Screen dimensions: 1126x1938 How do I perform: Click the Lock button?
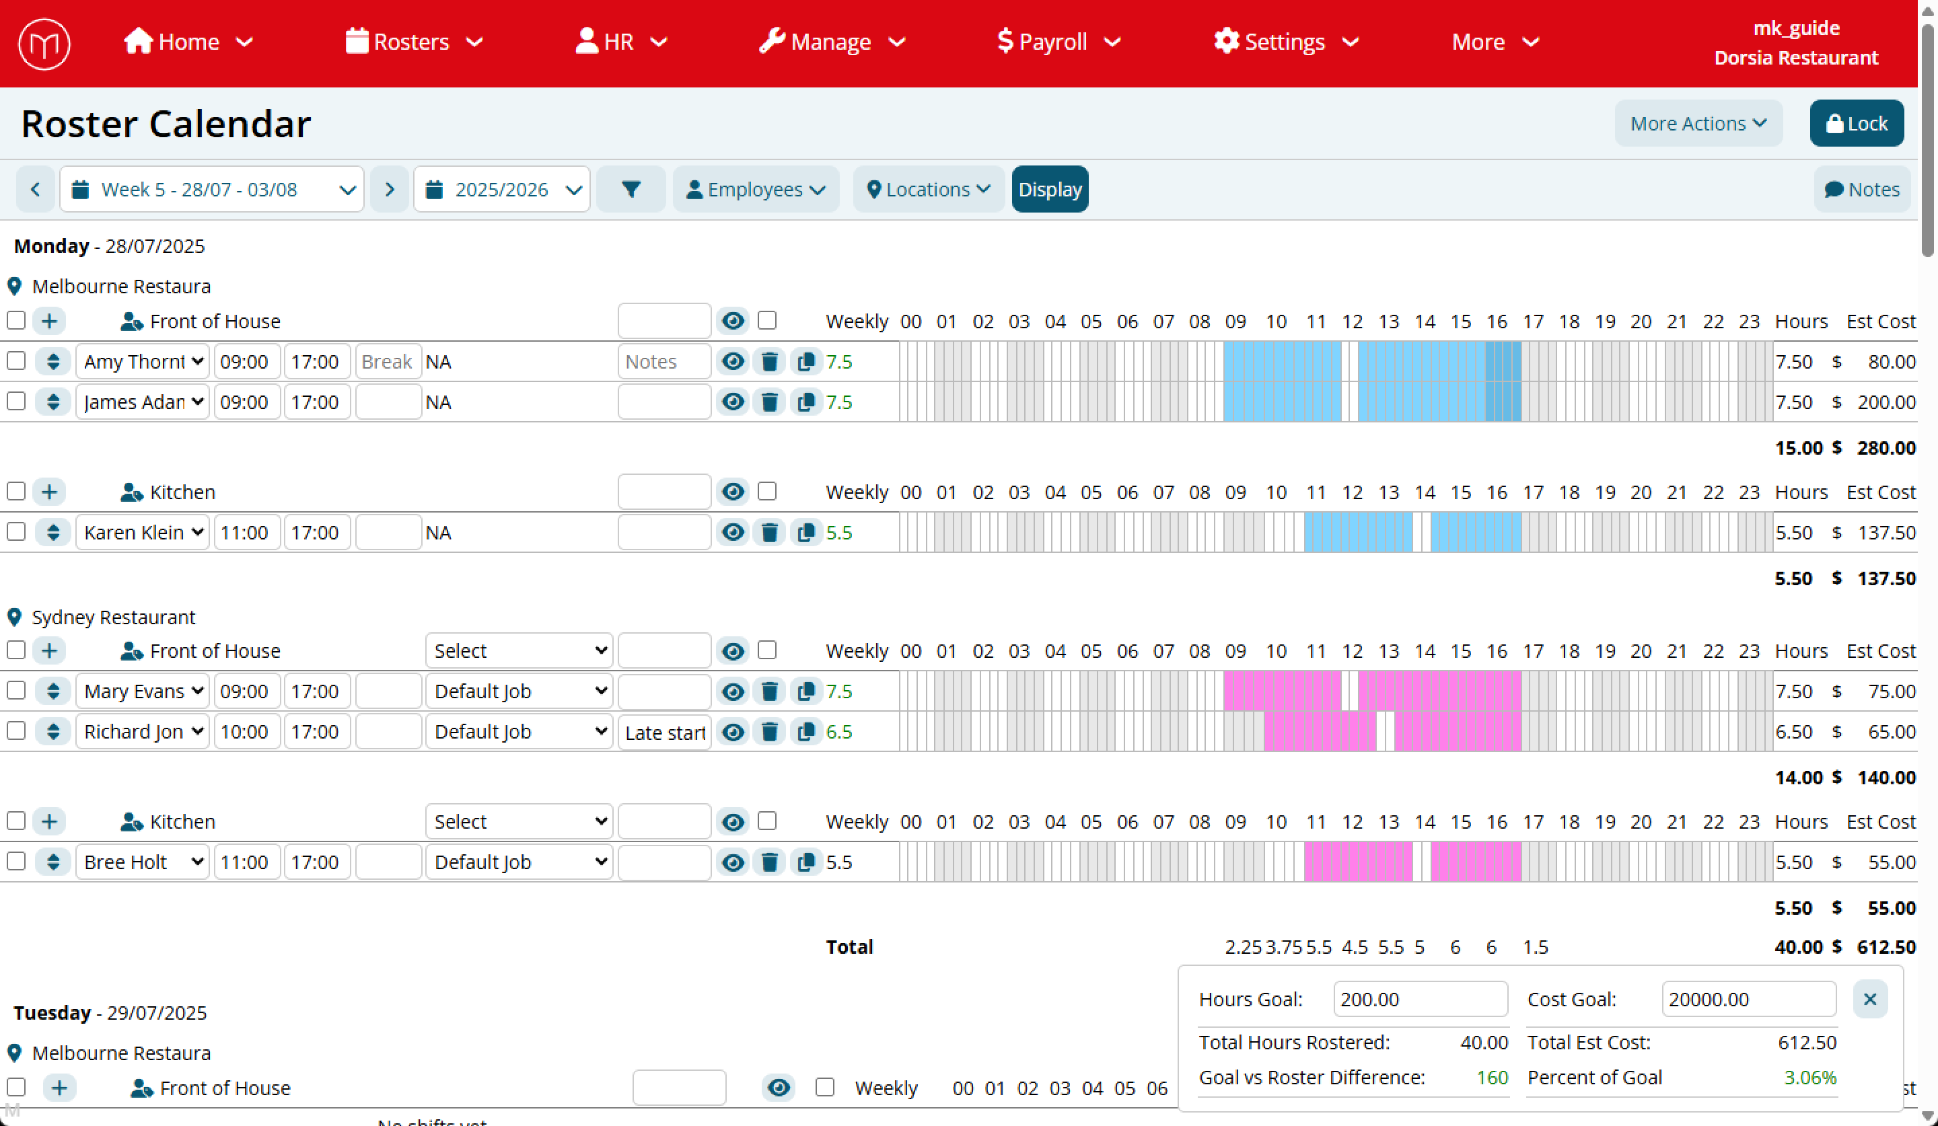pyautogui.click(x=1856, y=124)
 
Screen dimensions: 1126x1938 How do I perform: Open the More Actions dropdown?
pyautogui.click(x=1697, y=124)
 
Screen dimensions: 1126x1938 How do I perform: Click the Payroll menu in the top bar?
pyautogui.click(x=1057, y=42)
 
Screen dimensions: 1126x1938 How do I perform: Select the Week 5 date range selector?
pyautogui.click(x=211, y=190)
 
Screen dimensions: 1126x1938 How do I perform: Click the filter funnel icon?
pyautogui.click(x=631, y=190)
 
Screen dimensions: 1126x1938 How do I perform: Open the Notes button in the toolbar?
pyautogui.click(x=1861, y=190)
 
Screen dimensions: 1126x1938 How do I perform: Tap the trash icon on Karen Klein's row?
pyautogui.click(x=769, y=533)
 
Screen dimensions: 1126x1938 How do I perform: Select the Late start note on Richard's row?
pyautogui.click(x=664, y=733)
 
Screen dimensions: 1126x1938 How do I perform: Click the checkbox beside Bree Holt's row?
pyautogui.click(x=16, y=862)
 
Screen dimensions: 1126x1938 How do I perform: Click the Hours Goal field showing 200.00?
pyautogui.click(x=1420, y=999)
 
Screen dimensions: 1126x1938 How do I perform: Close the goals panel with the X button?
pyautogui.click(x=1869, y=999)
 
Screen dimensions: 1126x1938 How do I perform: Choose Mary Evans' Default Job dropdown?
pyautogui.click(x=519, y=691)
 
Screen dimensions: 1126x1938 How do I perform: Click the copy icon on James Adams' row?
pyautogui.click(x=805, y=402)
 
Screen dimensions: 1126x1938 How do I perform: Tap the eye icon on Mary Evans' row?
pyautogui.click(x=733, y=691)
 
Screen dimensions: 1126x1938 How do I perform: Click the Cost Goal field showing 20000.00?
pyautogui.click(x=1748, y=999)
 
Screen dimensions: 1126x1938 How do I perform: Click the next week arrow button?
pyautogui.click(x=389, y=190)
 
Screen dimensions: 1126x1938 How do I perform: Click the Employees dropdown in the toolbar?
pyautogui.click(x=755, y=190)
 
